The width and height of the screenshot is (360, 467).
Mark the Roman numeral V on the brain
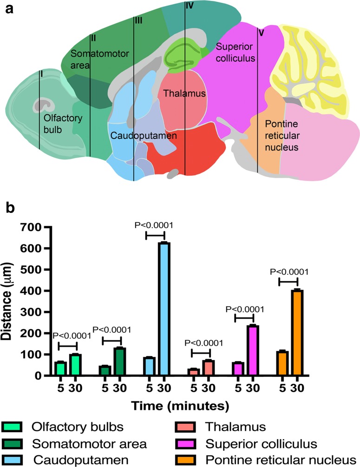click(261, 33)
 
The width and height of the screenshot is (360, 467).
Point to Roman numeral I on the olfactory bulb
click(41, 74)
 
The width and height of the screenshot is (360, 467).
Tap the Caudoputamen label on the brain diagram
click(137, 137)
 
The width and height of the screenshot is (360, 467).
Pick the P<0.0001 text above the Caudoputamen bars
click(154, 225)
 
